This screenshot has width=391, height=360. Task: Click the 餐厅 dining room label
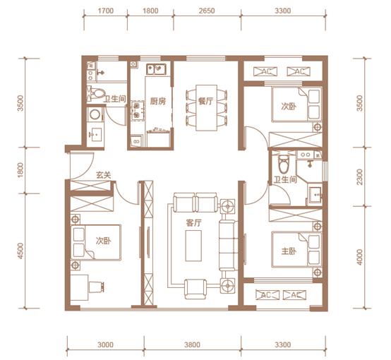205,101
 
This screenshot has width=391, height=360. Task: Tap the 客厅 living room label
193,223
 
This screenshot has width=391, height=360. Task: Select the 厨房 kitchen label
157,101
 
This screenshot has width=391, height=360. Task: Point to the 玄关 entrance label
104,175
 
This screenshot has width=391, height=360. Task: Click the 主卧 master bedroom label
289,251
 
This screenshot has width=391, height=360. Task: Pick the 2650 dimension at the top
207,11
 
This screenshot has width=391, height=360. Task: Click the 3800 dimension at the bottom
192,344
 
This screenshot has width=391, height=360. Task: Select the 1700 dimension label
106,11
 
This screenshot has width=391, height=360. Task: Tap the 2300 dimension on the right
359,177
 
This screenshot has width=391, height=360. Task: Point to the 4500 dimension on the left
21,251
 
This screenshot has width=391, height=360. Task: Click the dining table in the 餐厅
206,108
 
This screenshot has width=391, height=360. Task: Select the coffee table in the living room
193,246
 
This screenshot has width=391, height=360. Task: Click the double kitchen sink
156,70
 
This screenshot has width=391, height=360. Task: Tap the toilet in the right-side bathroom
284,164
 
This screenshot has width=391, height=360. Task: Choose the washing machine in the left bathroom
95,115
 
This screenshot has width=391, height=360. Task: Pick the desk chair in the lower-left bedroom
96,287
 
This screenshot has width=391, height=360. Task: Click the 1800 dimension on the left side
21,170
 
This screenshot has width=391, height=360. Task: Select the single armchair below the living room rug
195,289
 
